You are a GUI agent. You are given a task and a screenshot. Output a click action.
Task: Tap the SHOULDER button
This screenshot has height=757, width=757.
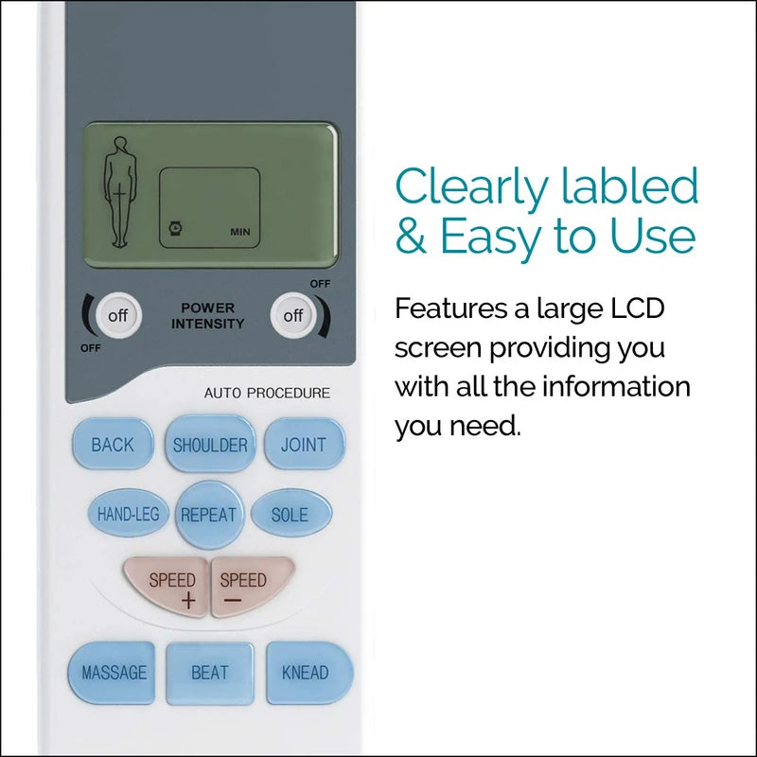(x=210, y=444)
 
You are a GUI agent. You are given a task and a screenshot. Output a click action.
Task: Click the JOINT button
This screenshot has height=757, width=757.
(x=304, y=444)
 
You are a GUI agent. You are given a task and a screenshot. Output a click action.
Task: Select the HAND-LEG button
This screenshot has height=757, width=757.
(x=128, y=514)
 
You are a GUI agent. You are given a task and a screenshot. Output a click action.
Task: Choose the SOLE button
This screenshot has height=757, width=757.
(x=291, y=514)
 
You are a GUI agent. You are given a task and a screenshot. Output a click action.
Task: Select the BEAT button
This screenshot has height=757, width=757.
(x=209, y=673)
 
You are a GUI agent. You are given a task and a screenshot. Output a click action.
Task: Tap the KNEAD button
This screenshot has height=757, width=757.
(x=308, y=673)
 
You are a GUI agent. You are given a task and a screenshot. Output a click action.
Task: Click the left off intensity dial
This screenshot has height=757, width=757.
(x=117, y=316)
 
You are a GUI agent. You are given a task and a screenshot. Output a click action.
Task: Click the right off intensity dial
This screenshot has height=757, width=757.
(x=293, y=316)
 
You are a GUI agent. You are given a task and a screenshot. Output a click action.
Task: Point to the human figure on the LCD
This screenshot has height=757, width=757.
(x=117, y=192)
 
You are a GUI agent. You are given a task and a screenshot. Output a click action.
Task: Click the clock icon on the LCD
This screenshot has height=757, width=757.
(x=175, y=228)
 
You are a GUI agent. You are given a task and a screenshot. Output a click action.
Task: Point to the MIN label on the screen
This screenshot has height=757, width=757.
(x=240, y=232)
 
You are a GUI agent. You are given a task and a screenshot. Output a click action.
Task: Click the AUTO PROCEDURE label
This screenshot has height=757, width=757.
(x=267, y=394)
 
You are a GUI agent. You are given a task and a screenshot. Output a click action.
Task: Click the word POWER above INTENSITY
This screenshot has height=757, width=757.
(x=207, y=308)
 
